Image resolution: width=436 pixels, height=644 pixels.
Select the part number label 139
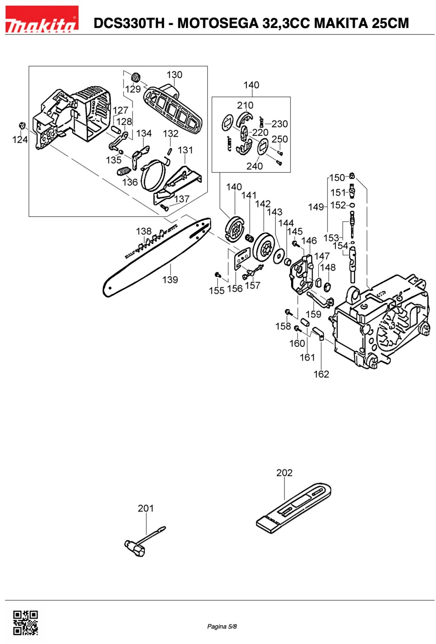(170, 280)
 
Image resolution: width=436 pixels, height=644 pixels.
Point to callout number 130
(174, 75)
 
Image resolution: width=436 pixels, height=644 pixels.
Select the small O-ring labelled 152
(352, 205)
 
